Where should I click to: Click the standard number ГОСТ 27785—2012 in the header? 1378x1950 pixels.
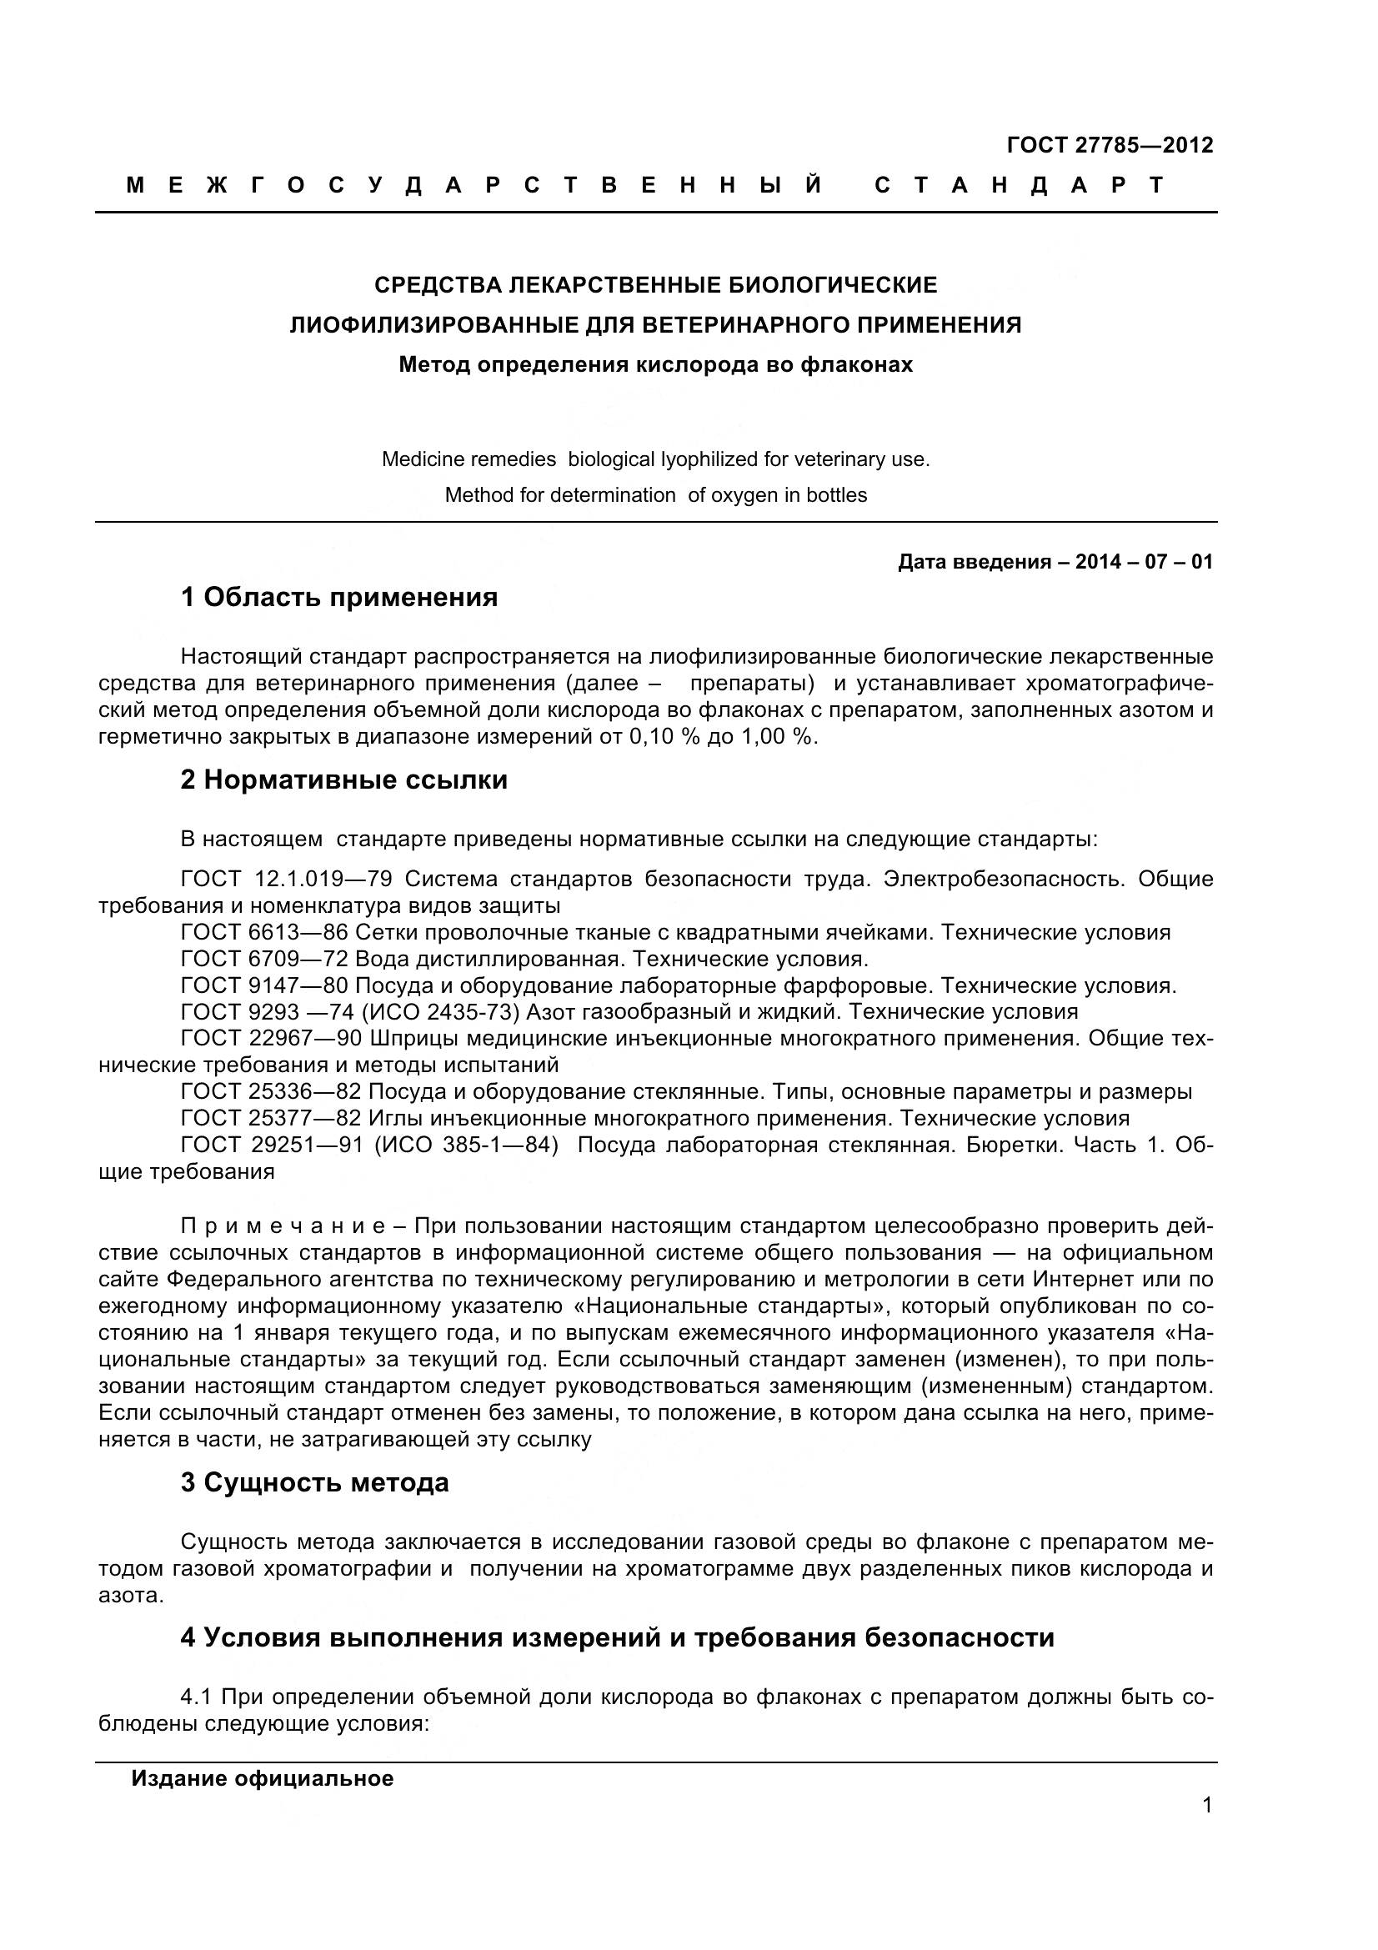(x=1109, y=145)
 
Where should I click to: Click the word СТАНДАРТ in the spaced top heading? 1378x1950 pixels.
(x=1020, y=185)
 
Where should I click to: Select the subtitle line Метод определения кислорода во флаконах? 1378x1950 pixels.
(x=655, y=365)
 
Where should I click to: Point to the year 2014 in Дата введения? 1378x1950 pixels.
(x=1098, y=561)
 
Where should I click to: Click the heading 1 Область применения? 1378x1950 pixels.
(x=338, y=597)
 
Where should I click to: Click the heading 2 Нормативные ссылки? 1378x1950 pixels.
(x=343, y=779)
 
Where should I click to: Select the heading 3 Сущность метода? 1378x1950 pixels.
(x=314, y=1482)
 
